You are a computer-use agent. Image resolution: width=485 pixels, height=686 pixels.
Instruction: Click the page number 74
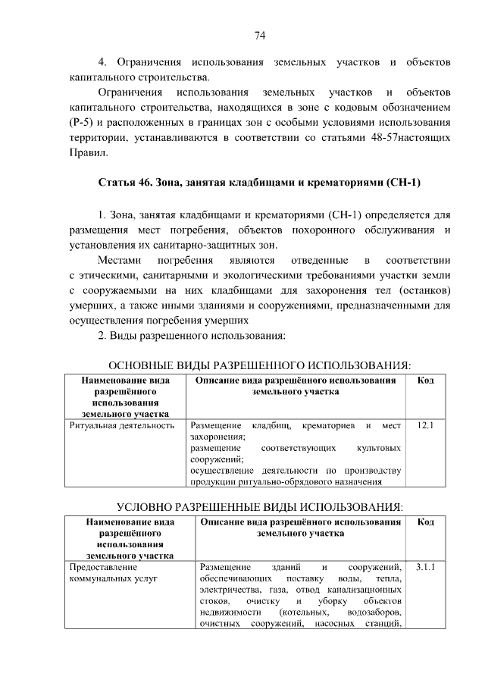[x=259, y=35]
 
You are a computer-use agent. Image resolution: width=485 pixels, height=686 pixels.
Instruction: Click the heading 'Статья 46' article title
[x=259, y=183]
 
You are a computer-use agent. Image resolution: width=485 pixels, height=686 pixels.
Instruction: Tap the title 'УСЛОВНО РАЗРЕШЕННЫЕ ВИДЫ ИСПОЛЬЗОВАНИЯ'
[x=259, y=506]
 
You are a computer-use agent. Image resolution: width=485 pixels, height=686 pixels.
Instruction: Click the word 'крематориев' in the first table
[x=323, y=427]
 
